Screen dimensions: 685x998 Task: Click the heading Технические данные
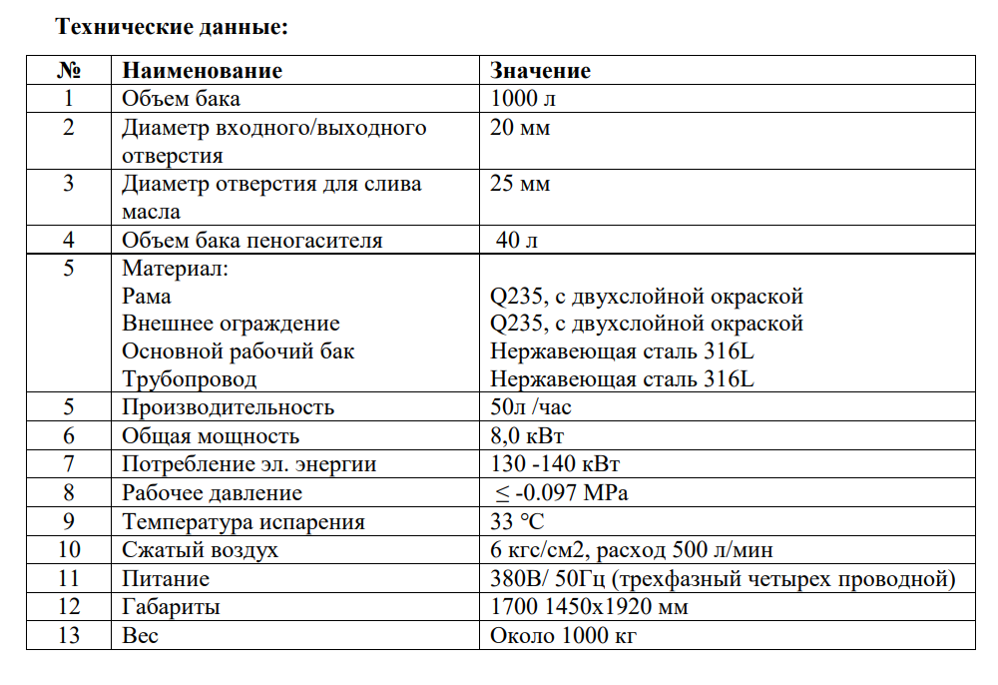click(172, 27)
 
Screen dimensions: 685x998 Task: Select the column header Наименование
click(202, 71)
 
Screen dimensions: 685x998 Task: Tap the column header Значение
click(540, 71)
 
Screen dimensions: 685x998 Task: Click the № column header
click(69, 71)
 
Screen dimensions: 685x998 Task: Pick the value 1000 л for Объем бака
click(523, 99)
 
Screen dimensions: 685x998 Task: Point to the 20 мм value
click(520, 128)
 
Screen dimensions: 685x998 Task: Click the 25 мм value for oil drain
click(520, 184)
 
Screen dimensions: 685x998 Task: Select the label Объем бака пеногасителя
click(251, 241)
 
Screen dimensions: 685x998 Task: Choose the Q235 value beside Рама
click(647, 297)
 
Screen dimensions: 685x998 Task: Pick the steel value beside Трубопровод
click(622, 379)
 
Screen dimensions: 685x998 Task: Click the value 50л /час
click(531, 407)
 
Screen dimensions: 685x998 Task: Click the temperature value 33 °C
click(517, 522)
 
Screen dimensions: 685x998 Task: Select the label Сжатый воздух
click(200, 550)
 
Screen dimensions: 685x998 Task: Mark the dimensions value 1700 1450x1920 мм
click(590, 607)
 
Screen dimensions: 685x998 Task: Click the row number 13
click(69, 636)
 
